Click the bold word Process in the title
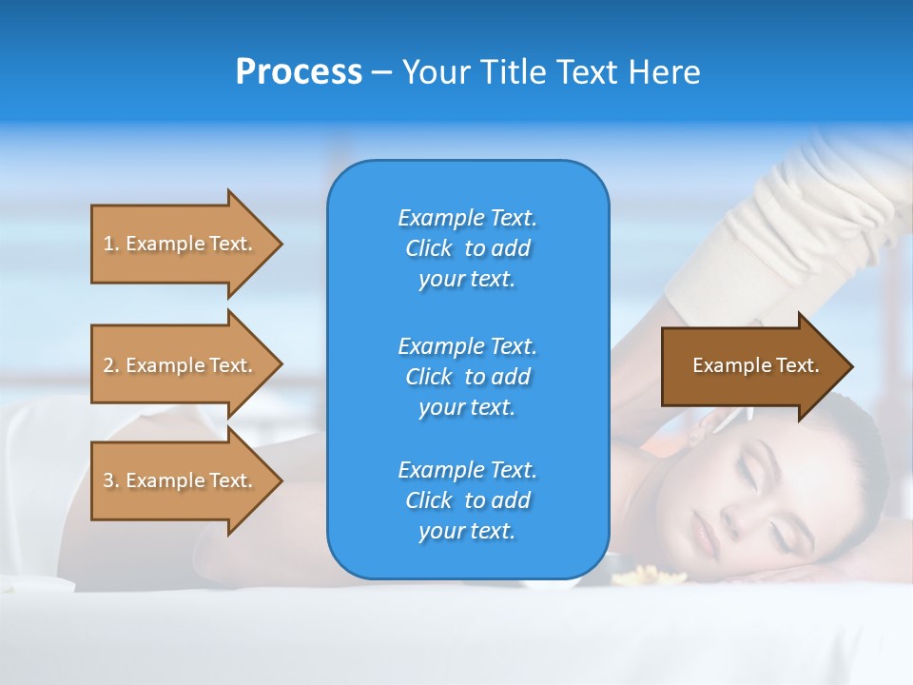coord(299,72)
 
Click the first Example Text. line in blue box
coord(467,218)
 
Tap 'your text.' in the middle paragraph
coord(467,407)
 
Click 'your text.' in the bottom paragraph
coord(467,531)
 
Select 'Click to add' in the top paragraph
coord(467,248)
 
